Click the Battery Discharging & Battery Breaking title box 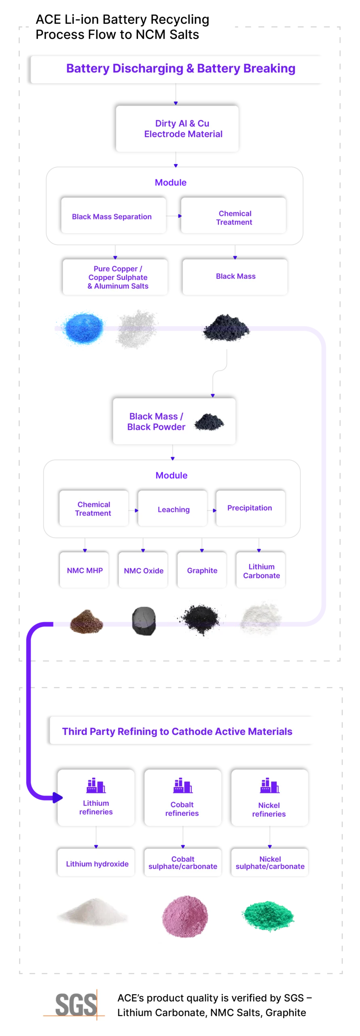pyautogui.click(x=178, y=69)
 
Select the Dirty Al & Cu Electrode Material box pyautogui.click(x=177, y=129)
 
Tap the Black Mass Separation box pyautogui.click(x=113, y=216)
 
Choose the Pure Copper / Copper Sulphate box pyautogui.click(x=115, y=277)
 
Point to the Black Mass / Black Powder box pyautogui.click(x=174, y=421)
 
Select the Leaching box pyautogui.click(x=173, y=509)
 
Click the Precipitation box pyautogui.click(x=250, y=508)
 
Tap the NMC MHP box pyautogui.click(x=85, y=570)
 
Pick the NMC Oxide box pyautogui.click(x=143, y=570)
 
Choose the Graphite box pyautogui.click(x=202, y=570)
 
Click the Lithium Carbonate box pyautogui.click(x=261, y=571)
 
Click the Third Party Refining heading pyautogui.click(x=183, y=731)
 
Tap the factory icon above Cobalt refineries pyautogui.click(x=182, y=785)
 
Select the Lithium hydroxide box pyautogui.click(x=96, y=863)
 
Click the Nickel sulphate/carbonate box pyautogui.click(x=270, y=863)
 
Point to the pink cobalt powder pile pyautogui.click(x=185, y=916)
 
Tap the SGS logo pyautogui.click(x=72, y=1004)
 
